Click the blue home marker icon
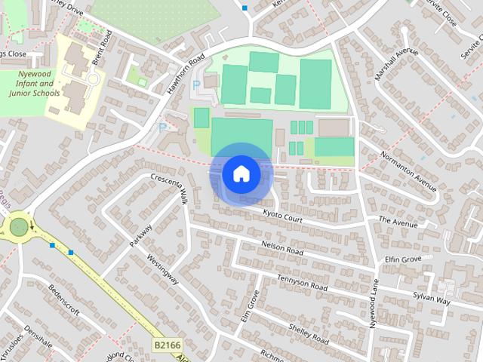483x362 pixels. click(241, 173)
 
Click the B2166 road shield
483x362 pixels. click(168, 345)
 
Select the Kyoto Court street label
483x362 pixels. click(281, 215)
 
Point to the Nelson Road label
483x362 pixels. click(281, 248)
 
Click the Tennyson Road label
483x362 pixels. click(303, 283)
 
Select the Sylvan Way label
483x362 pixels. click(431, 298)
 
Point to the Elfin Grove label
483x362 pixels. click(402, 259)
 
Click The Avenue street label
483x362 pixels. click(398, 222)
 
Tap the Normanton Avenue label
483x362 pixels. click(409, 170)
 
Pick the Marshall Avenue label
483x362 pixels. click(396, 65)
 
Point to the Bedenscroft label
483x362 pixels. click(64, 299)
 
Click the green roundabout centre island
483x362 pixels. click(19, 225)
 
